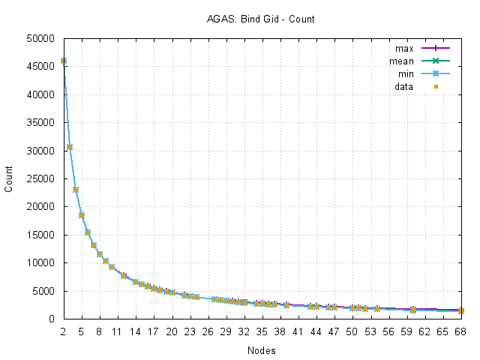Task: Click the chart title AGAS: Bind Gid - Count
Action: coord(260,18)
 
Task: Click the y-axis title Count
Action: coord(10,178)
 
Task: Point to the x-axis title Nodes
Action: coord(260,350)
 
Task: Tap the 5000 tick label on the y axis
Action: coord(45,291)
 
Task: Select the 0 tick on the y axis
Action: coord(54,319)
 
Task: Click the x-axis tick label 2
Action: coord(63,330)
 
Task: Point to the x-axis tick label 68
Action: coord(461,330)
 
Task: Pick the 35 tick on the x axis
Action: coord(262,330)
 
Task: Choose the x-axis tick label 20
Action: coord(172,330)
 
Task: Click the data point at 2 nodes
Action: coord(64,61)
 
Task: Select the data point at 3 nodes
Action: coord(70,147)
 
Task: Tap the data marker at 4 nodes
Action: coord(76,190)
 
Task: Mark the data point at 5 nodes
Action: coord(82,215)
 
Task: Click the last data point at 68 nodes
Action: coord(461,310)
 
